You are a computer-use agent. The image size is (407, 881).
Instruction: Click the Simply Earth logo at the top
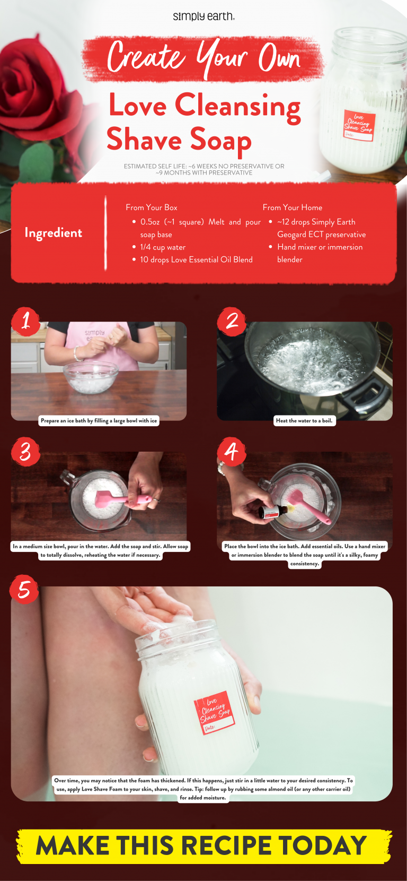click(x=203, y=16)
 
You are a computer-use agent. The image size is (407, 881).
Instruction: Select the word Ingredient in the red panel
click(x=53, y=233)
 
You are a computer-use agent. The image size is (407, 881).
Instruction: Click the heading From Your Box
click(x=152, y=208)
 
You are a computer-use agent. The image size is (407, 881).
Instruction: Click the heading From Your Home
click(x=293, y=208)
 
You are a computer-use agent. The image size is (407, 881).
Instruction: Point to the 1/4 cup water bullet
click(x=162, y=247)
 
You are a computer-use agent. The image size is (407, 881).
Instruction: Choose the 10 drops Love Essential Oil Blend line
click(x=196, y=260)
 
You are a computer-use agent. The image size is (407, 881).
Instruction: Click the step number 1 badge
click(x=25, y=321)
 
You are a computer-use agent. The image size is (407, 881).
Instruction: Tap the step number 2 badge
click(x=232, y=321)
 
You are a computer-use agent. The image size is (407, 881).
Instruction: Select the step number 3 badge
click(x=25, y=452)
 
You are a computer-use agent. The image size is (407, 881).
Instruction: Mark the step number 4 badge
click(x=232, y=452)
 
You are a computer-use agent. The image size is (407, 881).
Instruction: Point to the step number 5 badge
click(x=24, y=589)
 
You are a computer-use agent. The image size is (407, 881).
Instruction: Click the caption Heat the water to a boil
click(x=304, y=421)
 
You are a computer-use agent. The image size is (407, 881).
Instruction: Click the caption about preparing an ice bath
click(x=99, y=421)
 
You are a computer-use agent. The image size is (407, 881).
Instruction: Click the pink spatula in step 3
click(x=114, y=499)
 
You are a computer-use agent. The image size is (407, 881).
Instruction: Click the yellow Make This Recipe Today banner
click(x=203, y=846)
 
